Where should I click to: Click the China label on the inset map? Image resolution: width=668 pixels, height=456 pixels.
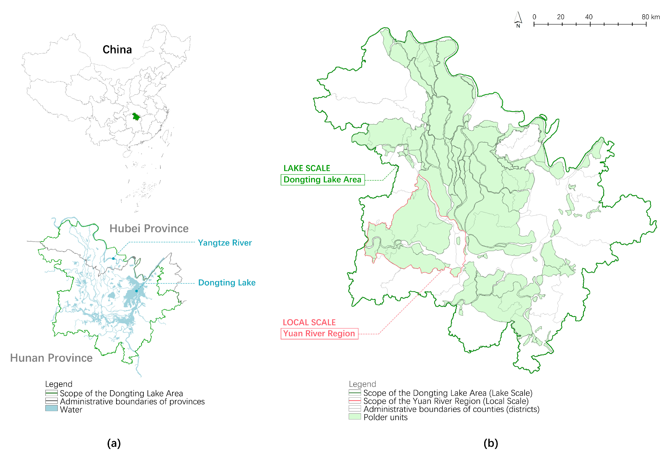(x=117, y=50)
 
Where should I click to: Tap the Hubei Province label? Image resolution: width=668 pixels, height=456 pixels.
(x=149, y=229)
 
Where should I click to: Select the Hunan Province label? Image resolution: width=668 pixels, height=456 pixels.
(x=51, y=358)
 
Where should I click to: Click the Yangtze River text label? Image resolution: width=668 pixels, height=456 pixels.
(x=225, y=243)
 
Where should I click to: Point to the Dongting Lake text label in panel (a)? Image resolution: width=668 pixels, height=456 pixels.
(x=227, y=283)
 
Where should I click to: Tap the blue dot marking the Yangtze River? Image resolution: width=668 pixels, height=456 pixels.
(x=113, y=258)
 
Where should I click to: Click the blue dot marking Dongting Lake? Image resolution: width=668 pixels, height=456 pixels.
(x=137, y=291)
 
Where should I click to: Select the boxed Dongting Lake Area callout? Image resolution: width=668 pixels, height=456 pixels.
(x=323, y=180)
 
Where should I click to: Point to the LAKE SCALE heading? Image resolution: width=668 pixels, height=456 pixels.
(x=307, y=168)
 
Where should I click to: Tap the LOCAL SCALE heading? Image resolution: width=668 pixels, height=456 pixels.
(x=309, y=322)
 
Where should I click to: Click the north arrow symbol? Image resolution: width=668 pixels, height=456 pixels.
(x=518, y=19)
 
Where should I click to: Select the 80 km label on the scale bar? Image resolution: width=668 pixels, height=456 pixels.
(x=651, y=17)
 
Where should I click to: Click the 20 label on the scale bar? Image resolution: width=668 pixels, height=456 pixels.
(x=560, y=17)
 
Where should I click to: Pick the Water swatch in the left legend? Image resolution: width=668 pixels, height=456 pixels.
(x=51, y=408)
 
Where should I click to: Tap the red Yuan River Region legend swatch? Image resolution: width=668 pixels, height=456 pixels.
(x=355, y=401)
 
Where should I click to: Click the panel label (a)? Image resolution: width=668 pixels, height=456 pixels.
(x=114, y=443)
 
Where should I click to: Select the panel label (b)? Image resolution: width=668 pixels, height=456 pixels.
(x=491, y=443)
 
